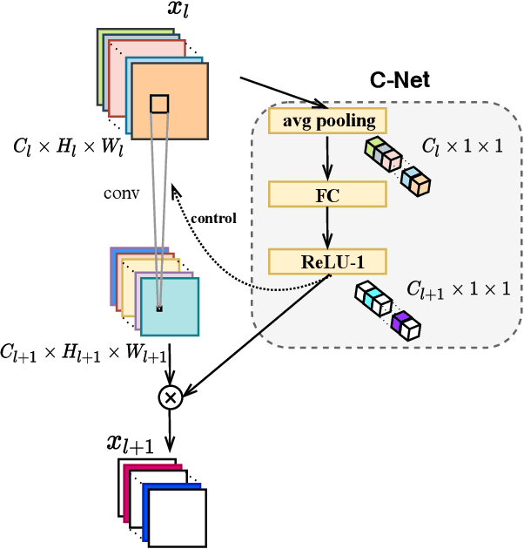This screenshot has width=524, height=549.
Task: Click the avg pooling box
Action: pos(326,120)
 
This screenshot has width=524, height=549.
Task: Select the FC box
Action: pos(327,193)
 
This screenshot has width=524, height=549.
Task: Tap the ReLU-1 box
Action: pos(327,261)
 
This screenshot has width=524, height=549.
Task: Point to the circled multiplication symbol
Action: pos(171,397)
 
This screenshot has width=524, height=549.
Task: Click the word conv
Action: pos(121,193)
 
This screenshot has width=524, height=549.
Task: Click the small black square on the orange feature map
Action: pos(158,105)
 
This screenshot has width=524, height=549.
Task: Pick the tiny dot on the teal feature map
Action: pos(158,308)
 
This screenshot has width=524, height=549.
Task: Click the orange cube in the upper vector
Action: pos(420,184)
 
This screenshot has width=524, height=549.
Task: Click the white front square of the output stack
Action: pos(177,518)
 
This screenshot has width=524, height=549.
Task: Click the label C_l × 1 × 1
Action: pos(461,146)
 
